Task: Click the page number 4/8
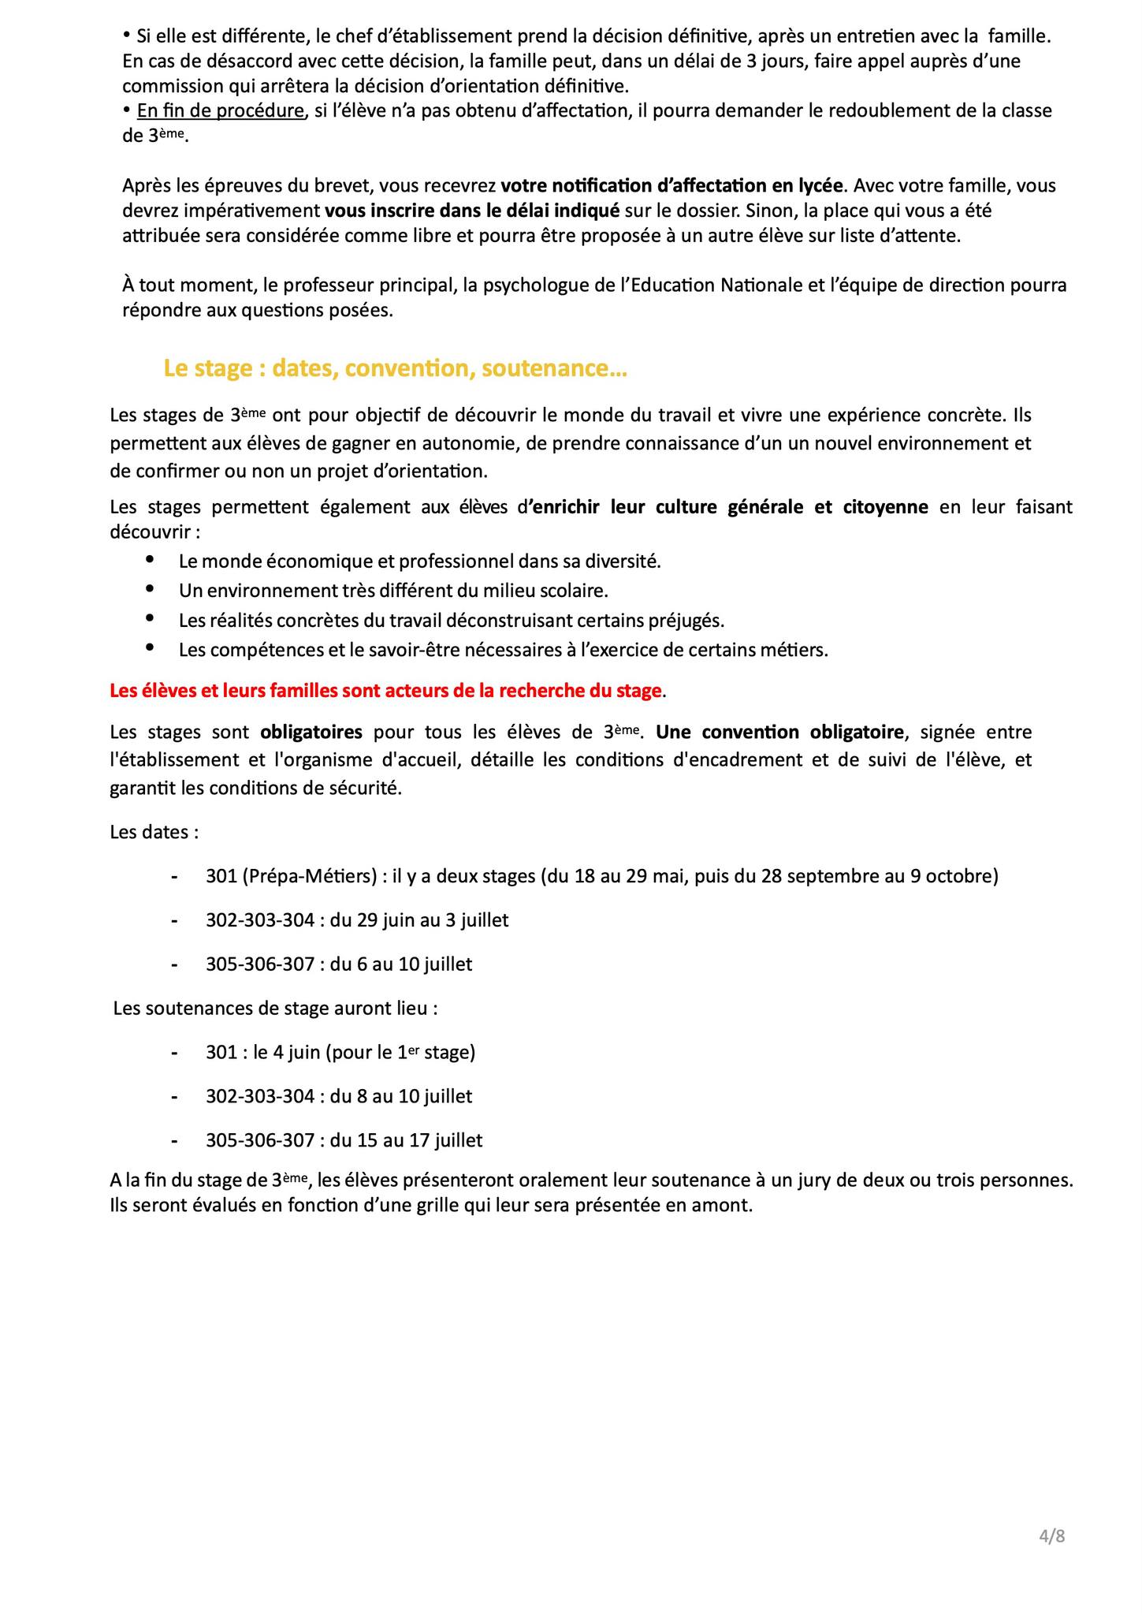point(1052,1536)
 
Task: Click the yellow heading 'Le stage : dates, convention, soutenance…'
point(395,369)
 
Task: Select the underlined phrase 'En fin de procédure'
point(221,111)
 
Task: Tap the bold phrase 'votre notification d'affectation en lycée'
point(672,186)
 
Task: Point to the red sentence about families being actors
point(385,692)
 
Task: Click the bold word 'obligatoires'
point(311,733)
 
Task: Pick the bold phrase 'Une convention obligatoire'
point(779,733)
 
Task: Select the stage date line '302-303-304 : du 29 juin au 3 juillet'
point(357,920)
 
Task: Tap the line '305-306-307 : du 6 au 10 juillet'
point(339,964)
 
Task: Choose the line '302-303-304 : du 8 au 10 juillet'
point(339,1097)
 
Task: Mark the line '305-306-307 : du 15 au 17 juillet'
point(344,1140)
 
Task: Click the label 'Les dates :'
point(154,833)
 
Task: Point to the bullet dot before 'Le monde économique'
point(150,559)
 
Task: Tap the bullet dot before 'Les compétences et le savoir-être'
point(150,647)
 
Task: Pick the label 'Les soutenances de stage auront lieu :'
point(275,1009)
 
